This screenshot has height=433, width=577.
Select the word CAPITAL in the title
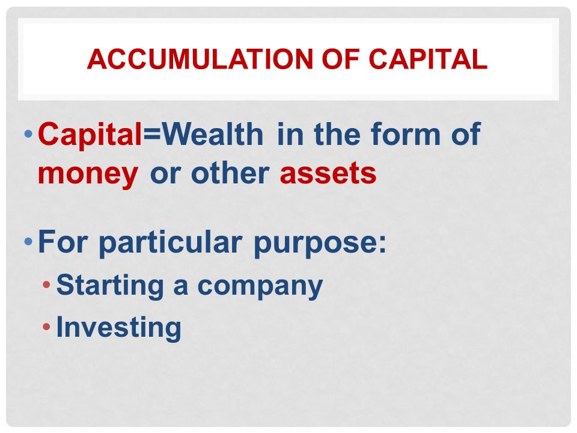pyautogui.click(x=428, y=59)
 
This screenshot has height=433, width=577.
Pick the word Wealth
pyautogui.click(x=213, y=134)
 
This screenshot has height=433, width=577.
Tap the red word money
pyautogui.click(x=88, y=175)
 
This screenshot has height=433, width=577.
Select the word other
pyautogui.click(x=230, y=173)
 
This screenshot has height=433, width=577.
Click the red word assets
pyautogui.click(x=328, y=174)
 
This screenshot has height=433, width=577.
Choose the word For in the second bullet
pyautogui.click(x=63, y=242)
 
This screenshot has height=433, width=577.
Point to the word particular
pyautogui.click(x=170, y=243)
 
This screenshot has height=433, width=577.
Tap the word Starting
pyautogui.click(x=110, y=286)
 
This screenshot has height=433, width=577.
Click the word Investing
pyautogui.click(x=118, y=328)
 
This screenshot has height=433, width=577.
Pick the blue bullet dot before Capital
pyautogui.click(x=28, y=134)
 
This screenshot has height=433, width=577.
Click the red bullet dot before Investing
pyautogui.click(x=46, y=326)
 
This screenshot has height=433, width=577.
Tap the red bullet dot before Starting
pyautogui.click(x=46, y=284)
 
